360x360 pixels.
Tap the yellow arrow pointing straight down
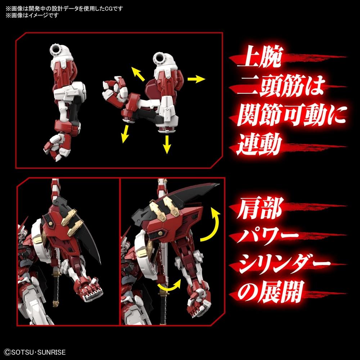point(167,144)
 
